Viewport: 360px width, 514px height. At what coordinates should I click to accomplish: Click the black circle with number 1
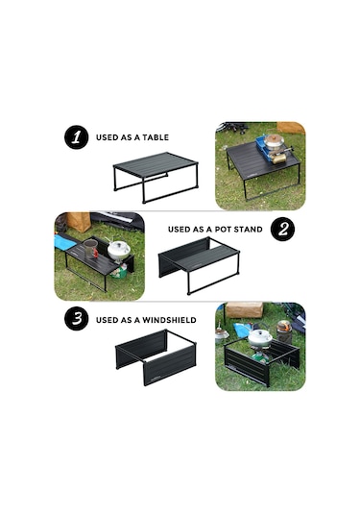click(77, 137)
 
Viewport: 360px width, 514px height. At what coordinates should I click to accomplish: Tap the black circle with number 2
click(282, 229)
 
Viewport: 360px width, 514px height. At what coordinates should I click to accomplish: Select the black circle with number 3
click(77, 318)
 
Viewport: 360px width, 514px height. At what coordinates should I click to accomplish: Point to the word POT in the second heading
click(225, 230)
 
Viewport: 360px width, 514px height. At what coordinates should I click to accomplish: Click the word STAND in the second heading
click(249, 230)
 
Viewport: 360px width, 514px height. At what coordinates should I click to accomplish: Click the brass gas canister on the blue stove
click(277, 159)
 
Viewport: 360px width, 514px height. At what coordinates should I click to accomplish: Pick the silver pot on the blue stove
click(274, 141)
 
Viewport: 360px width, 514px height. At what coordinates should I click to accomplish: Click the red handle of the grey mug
click(95, 253)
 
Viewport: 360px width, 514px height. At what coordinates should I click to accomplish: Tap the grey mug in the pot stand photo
click(90, 249)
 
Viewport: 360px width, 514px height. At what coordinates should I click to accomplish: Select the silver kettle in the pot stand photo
click(119, 251)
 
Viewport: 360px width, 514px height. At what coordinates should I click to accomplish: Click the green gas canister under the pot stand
click(120, 271)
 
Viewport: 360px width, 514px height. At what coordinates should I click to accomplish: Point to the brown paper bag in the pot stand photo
click(79, 222)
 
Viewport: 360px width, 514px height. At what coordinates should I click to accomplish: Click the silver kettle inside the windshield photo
click(260, 337)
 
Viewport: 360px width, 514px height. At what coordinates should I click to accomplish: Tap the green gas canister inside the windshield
click(259, 357)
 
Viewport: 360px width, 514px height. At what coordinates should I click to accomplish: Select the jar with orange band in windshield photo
click(284, 331)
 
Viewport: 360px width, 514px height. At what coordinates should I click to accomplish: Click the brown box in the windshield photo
click(245, 309)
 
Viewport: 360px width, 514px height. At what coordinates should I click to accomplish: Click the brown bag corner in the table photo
click(291, 128)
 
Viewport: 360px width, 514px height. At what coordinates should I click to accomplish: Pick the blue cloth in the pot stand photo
click(65, 242)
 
